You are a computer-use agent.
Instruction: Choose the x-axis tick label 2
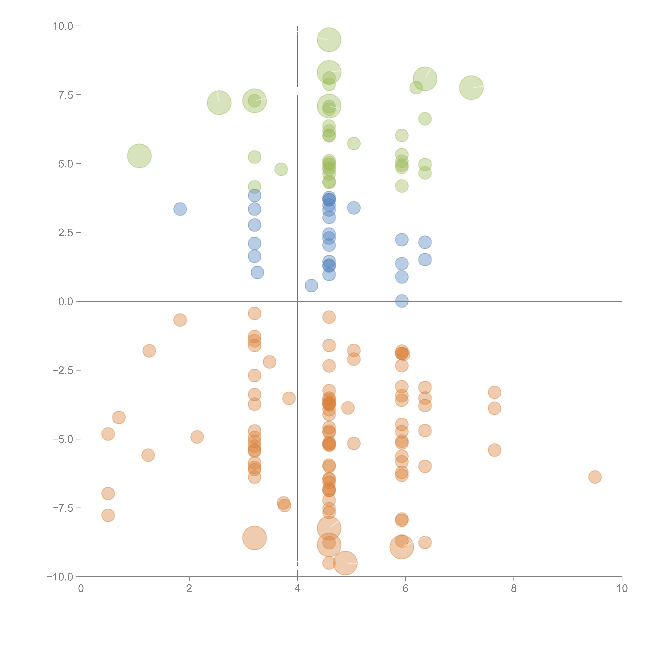point(189,589)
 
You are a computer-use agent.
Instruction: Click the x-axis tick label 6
point(406,589)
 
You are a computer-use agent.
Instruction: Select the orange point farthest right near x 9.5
point(595,477)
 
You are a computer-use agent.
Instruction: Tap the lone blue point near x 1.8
point(180,209)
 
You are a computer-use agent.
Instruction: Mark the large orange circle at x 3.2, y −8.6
point(255,538)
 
